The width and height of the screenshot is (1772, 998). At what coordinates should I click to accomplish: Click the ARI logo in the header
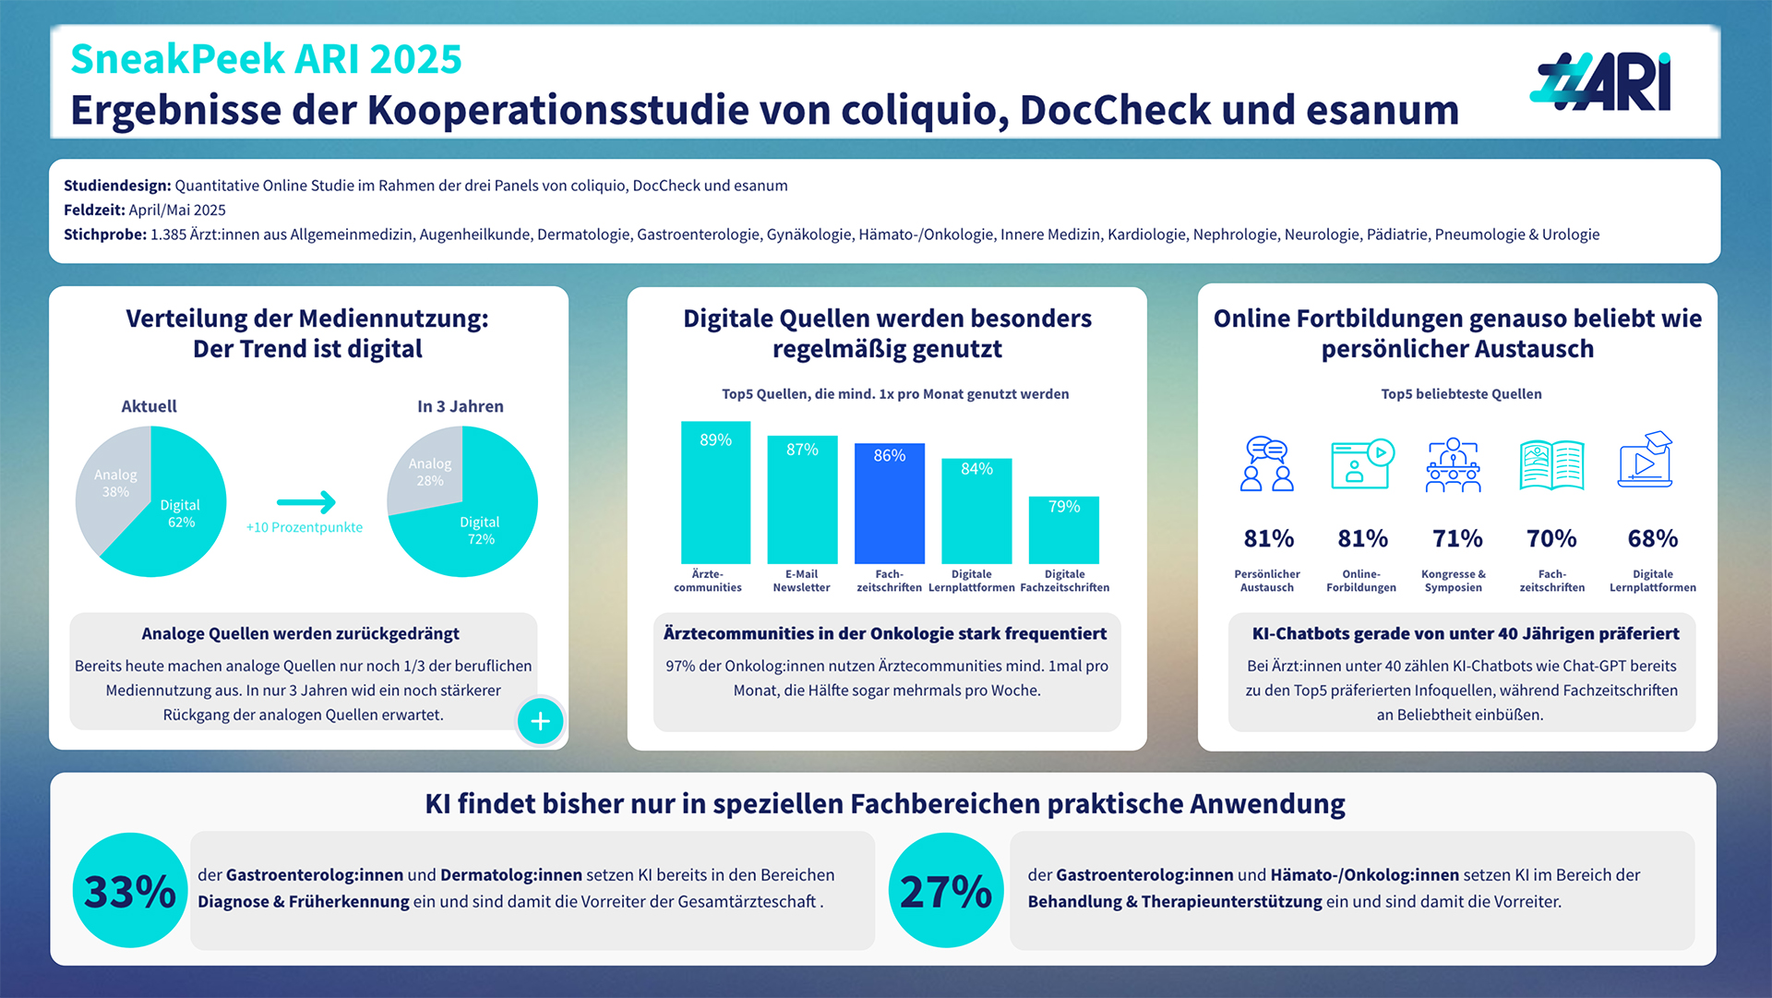click(x=1601, y=82)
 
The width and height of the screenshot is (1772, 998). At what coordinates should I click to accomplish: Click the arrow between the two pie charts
click(x=306, y=502)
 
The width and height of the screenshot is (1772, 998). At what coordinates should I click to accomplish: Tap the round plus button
click(x=540, y=721)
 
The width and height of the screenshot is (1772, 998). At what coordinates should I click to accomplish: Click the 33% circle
click(x=130, y=891)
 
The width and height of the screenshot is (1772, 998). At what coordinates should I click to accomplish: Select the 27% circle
click(x=946, y=891)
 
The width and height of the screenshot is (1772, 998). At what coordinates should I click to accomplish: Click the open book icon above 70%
click(x=1551, y=464)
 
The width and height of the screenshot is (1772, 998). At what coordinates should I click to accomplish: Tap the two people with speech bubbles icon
click(x=1267, y=463)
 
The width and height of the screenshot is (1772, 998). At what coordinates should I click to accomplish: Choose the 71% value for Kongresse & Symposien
click(x=1457, y=538)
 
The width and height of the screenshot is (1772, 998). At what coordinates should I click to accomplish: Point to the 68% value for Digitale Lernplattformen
click(x=1652, y=538)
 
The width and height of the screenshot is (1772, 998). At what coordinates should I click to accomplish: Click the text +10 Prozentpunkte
click(x=305, y=527)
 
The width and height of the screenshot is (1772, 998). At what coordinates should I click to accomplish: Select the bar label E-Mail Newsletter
click(x=801, y=581)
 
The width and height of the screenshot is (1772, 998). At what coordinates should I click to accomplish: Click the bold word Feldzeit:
click(x=94, y=210)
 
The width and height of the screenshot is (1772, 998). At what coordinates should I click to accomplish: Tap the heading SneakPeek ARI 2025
click(x=266, y=59)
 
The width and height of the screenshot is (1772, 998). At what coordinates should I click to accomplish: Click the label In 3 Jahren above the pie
click(x=460, y=406)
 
